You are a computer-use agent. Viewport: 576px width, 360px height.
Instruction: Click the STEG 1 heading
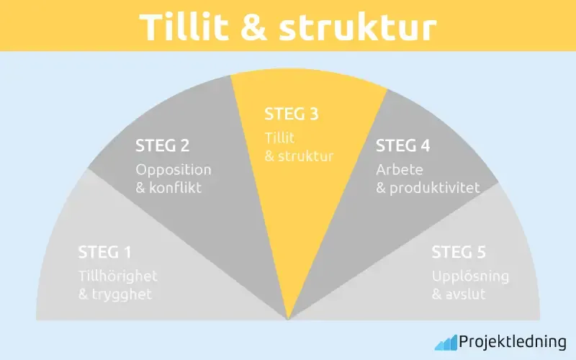105,253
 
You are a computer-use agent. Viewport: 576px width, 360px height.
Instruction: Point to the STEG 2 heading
163,146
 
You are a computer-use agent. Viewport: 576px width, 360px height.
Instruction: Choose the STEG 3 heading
292,114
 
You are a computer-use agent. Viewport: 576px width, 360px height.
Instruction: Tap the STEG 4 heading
403,146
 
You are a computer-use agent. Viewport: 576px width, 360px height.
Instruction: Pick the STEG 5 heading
459,253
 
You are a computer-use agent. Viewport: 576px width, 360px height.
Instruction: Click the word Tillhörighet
117,276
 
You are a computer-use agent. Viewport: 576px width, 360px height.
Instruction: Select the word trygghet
124,294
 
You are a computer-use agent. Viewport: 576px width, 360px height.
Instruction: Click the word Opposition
174,170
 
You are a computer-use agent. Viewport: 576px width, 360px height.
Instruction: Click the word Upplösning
470,276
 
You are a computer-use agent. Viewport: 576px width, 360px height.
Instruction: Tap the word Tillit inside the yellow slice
280,137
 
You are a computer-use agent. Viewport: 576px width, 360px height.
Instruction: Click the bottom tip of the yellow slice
288,318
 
